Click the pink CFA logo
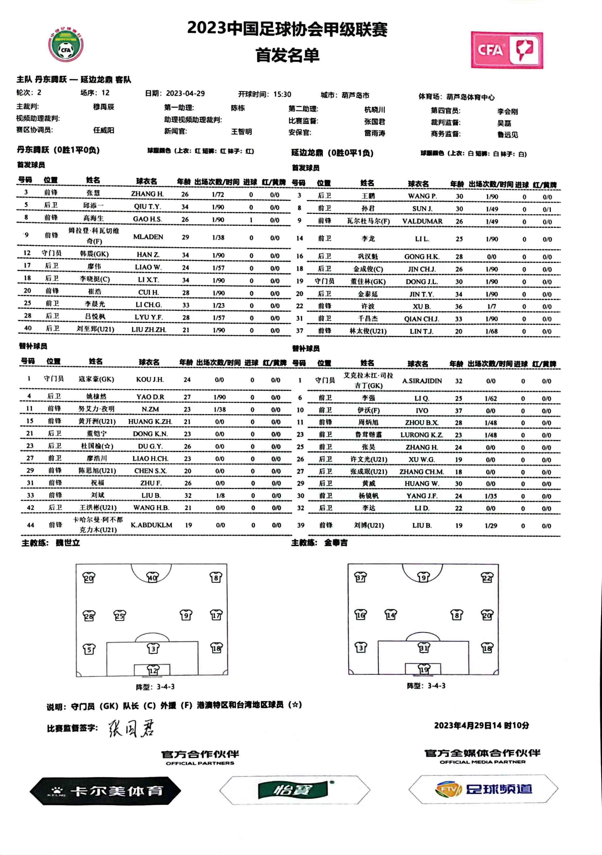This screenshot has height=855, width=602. (507, 50)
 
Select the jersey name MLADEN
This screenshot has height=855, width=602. (148, 237)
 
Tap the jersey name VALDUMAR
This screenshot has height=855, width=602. (422, 221)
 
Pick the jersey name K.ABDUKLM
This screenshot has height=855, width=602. (151, 525)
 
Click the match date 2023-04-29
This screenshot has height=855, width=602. (185, 93)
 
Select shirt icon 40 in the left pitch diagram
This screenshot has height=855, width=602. (152, 577)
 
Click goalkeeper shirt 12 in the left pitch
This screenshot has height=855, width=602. (153, 671)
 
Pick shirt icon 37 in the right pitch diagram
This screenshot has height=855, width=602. (360, 577)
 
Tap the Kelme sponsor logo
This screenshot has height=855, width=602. (105, 791)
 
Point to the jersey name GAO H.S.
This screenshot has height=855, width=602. (147, 219)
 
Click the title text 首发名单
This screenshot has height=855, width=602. (287, 55)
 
